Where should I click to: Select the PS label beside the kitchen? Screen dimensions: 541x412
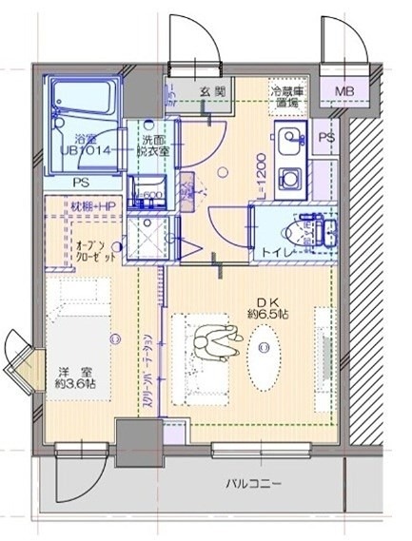coord(327,137)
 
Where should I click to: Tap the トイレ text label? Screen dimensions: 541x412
coord(268,251)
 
